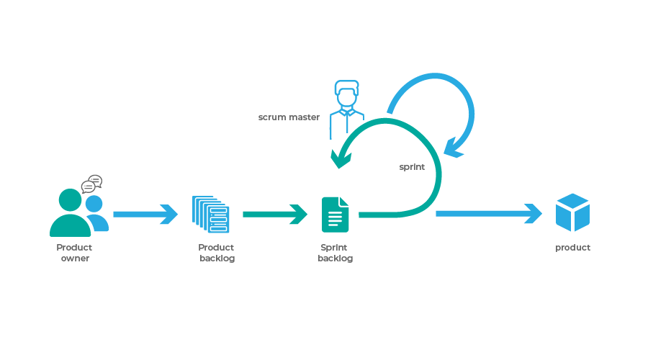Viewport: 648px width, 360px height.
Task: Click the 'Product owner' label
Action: (74, 253)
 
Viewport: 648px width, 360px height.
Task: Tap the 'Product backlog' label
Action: (216, 253)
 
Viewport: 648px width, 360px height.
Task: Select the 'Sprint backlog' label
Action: (335, 253)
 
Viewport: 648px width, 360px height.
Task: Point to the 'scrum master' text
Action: (289, 117)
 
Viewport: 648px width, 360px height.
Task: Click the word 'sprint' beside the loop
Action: (412, 167)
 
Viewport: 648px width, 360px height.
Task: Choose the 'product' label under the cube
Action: (572, 248)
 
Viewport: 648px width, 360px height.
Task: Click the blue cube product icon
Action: (572, 212)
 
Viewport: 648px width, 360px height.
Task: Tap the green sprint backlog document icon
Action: (335, 215)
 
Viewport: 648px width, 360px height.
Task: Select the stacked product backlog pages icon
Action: (211, 214)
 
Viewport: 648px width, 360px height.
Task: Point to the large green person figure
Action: (70, 214)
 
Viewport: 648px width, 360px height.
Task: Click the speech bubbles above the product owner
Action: (91, 184)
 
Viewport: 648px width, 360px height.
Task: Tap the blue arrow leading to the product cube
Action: (489, 213)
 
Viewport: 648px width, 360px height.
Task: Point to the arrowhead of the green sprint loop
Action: (337, 158)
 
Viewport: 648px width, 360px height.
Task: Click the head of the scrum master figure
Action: (346, 94)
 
